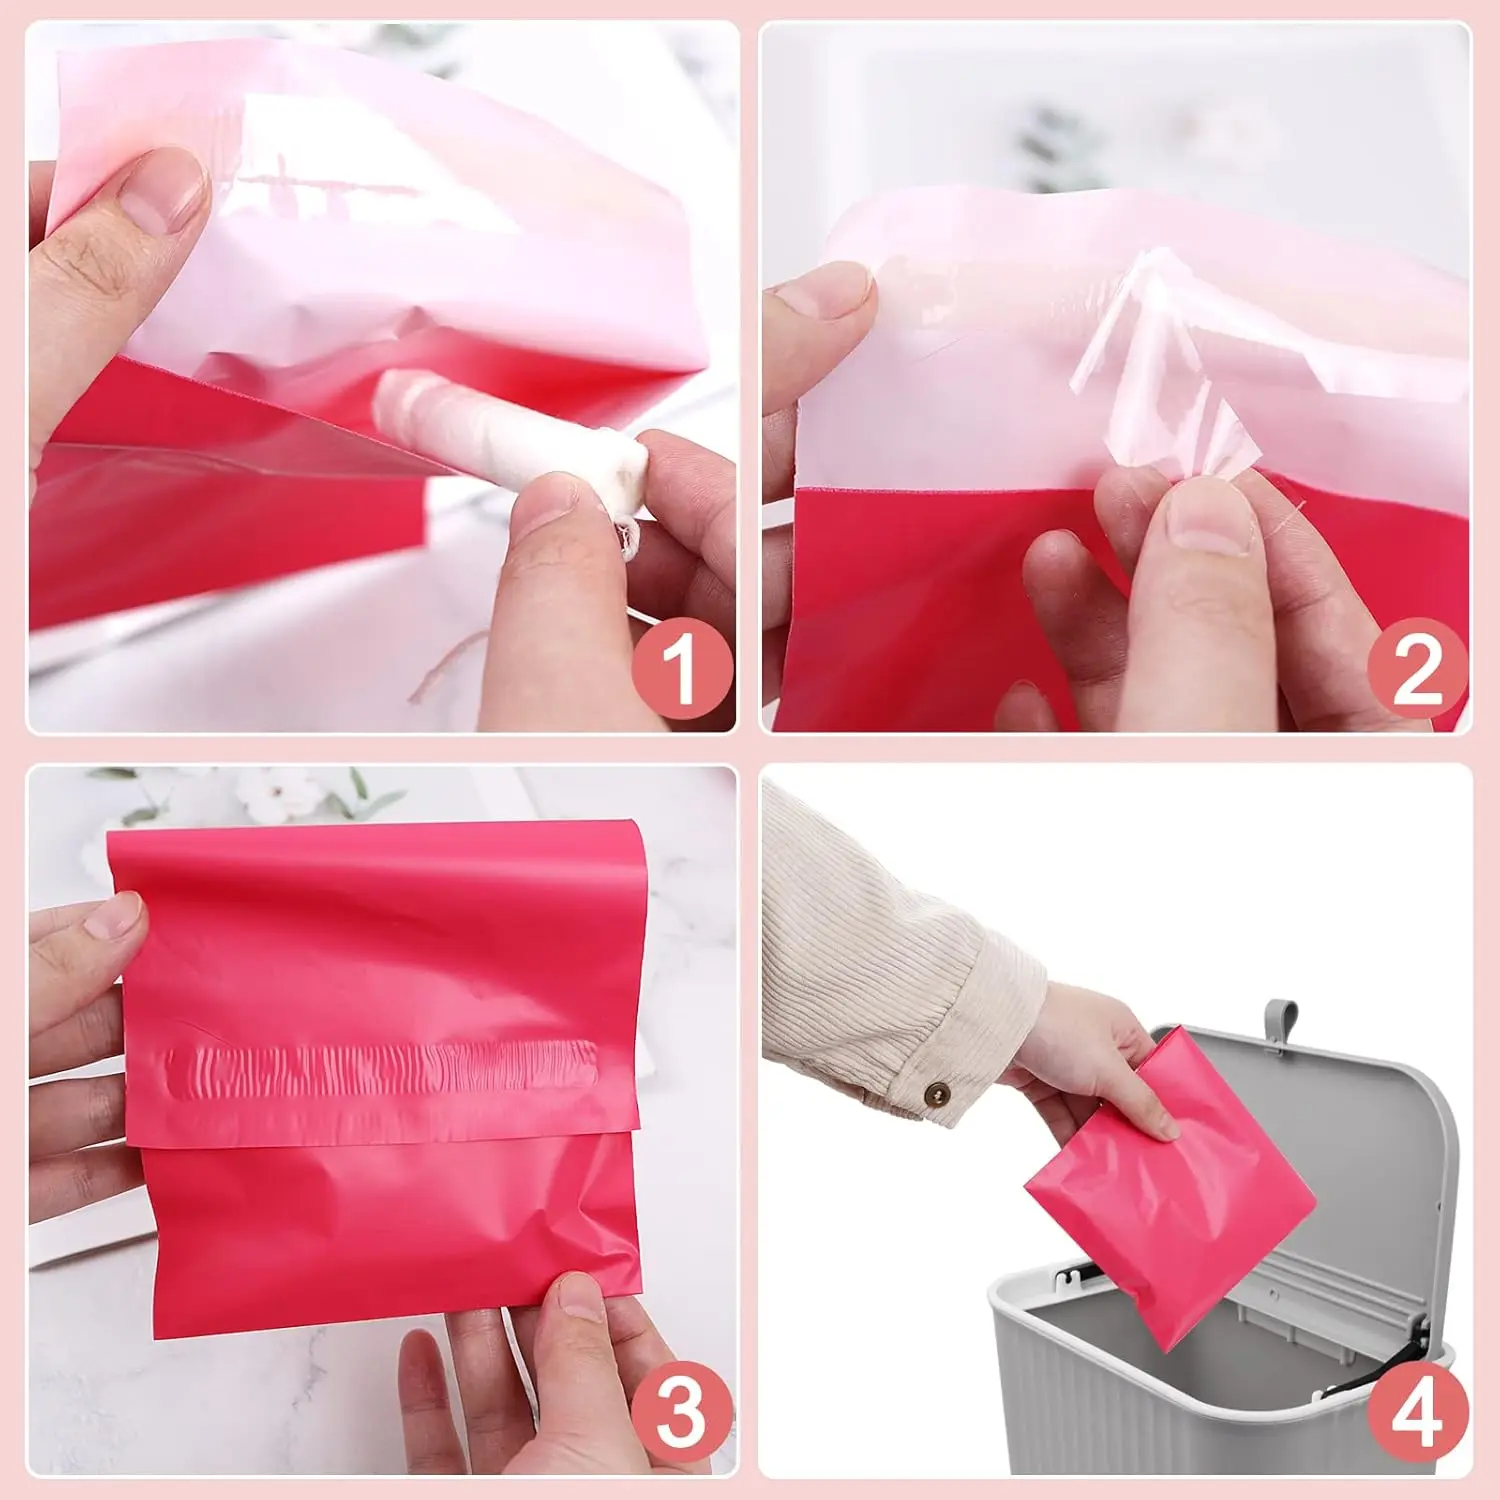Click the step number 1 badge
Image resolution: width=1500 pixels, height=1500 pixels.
pos(682,669)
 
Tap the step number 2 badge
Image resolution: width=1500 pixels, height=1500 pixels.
pos(1417,669)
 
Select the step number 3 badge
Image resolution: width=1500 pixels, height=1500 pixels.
pos(682,1414)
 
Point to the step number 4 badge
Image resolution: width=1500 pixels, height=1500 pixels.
pos(1417,1414)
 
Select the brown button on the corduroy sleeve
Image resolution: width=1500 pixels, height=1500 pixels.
pos(937,1095)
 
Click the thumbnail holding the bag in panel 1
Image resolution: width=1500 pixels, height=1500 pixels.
pos(160,190)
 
